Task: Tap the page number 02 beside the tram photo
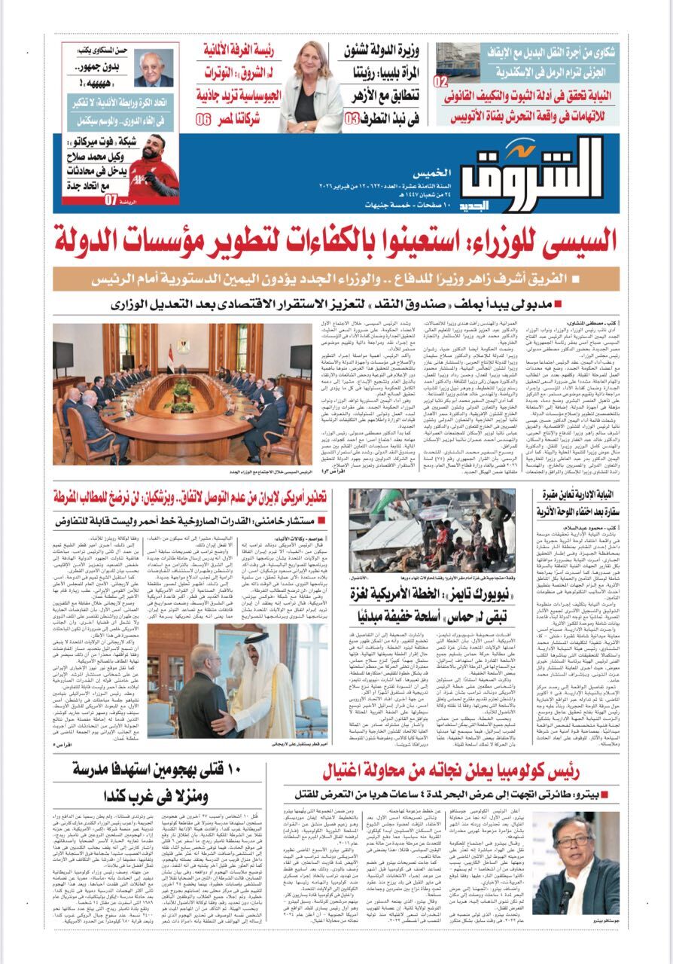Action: [x=443, y=81]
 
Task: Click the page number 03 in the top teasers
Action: [x=352, y=119]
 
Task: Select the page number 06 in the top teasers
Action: [x=204, y=120]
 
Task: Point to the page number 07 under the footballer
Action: [x=112, y=200]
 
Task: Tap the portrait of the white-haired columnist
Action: [x=155, y=67]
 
